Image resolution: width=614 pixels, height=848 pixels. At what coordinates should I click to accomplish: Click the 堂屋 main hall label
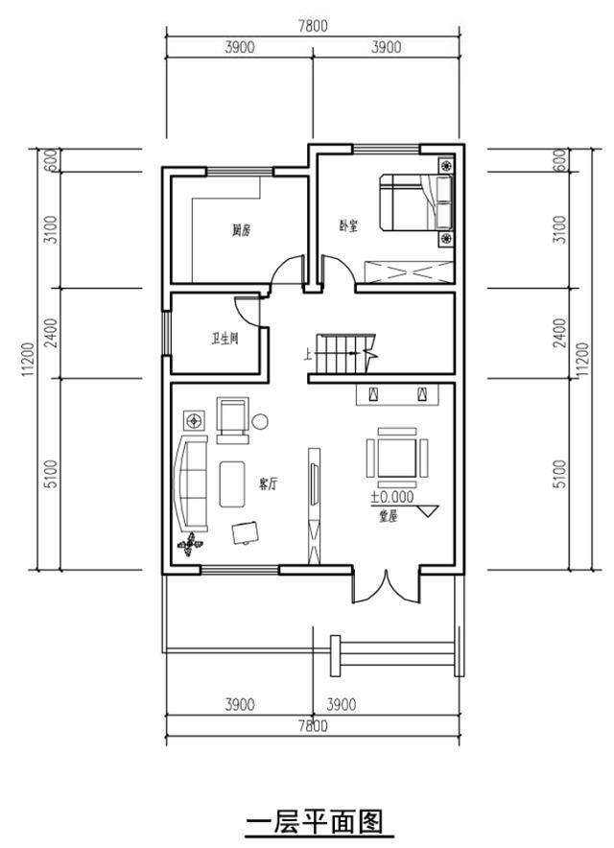pyautogui.click(x=388, y=515)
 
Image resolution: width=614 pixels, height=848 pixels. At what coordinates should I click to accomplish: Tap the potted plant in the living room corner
pyautogui.click(x=191, y=544)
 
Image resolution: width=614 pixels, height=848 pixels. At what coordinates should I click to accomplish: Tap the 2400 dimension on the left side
pyautogui.click(x=50, y=333)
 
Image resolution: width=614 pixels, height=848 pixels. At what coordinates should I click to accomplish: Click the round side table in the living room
pyautogui.click(x=260, y=420)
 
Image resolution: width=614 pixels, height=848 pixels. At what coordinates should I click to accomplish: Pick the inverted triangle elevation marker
pyautogui.click(x=427, y=510)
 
